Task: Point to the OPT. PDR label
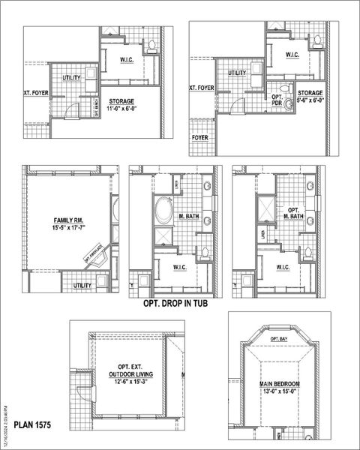point(277,100)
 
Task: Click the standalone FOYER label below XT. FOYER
point(199,138)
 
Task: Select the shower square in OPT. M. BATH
point(265,206)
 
